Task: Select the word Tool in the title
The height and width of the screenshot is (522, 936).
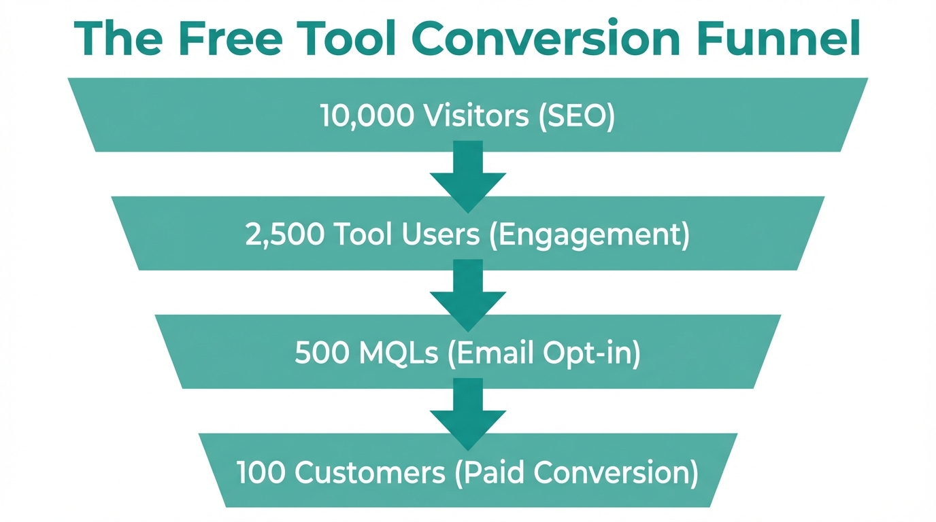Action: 347,39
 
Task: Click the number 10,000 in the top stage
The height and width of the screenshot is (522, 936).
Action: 366,116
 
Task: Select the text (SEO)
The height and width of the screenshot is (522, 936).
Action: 577,116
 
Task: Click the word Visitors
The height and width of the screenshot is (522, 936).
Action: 475,116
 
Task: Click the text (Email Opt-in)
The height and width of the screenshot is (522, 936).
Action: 544,354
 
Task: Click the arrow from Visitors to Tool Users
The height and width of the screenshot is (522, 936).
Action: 468,175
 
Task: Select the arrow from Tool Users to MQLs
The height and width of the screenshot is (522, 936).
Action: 468,294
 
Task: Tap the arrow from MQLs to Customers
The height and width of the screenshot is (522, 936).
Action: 468,413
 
